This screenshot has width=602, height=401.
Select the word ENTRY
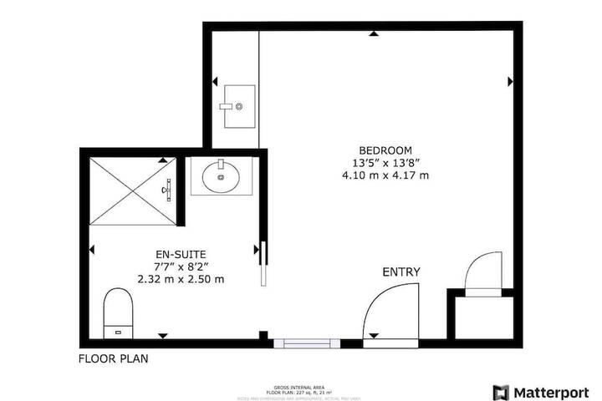(401, 272)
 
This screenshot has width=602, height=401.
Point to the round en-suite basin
(221, 176)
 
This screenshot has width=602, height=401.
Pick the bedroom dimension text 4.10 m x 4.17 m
(385, 175)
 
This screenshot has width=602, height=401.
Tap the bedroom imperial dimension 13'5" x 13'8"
(385, 163)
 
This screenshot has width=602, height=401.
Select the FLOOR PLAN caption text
(114, 361)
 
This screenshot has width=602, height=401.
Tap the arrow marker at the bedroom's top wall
(374, 34)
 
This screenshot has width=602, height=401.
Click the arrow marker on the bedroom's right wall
(510, 82)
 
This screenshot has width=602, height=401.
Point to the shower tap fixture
(166, 190)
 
